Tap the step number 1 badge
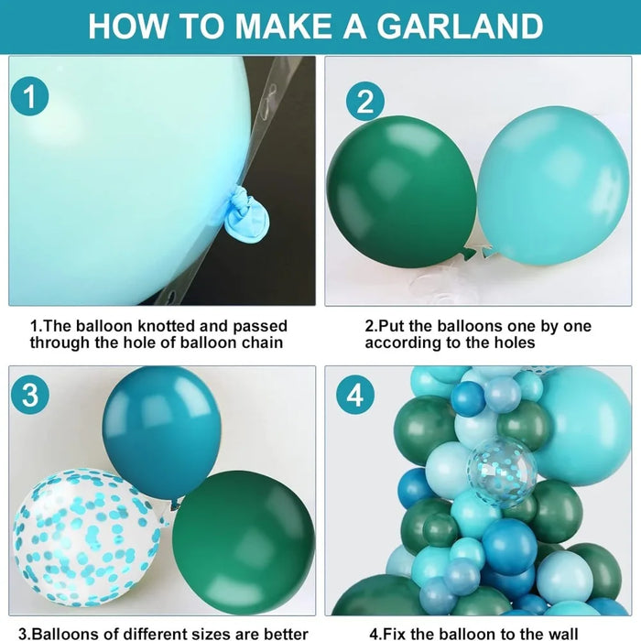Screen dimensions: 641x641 30,98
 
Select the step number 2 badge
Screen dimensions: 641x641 364,101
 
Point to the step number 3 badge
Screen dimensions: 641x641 30,396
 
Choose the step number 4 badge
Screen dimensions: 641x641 355,397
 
